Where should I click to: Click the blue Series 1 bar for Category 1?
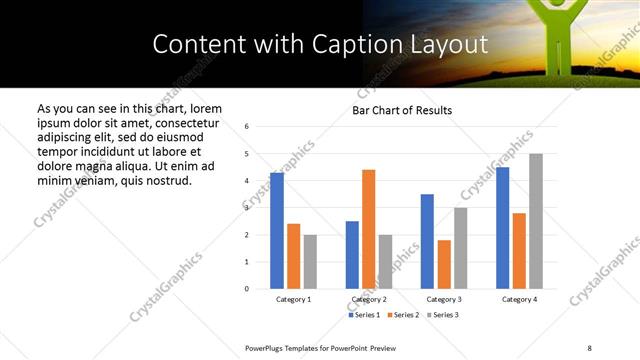[277, 231]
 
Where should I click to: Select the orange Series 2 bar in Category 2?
[368, 229]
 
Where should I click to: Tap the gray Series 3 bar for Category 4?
[536, 221]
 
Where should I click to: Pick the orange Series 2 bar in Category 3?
[444, 264]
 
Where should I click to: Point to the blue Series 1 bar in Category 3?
[427, 241]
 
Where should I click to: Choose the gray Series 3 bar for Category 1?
[310, 262]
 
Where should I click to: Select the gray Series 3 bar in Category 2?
[385, 262]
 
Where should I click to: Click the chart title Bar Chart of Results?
[402, 110]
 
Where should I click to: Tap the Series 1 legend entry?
[365, 315]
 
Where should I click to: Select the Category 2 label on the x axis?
[368, 300]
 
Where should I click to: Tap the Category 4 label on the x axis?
[519, 300]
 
